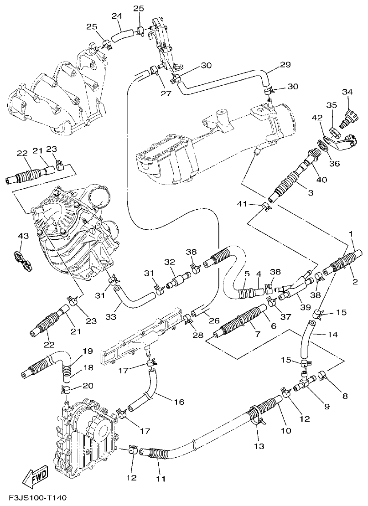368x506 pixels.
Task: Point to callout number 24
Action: point(117,16)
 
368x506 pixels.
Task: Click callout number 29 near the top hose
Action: point(285,65)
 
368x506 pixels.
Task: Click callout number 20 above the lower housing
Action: point(88,386)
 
